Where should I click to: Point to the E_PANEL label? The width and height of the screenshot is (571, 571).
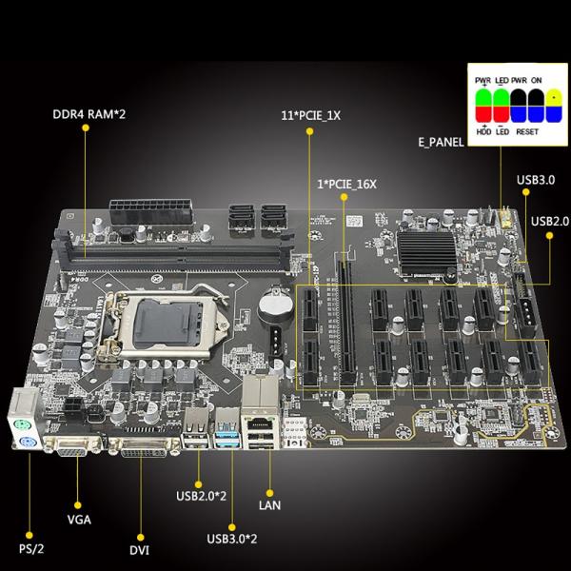click(x=441, y=142)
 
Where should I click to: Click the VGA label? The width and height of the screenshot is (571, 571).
click(x=81, y=520)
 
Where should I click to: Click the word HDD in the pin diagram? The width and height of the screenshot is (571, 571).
click(x=483, y=134)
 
